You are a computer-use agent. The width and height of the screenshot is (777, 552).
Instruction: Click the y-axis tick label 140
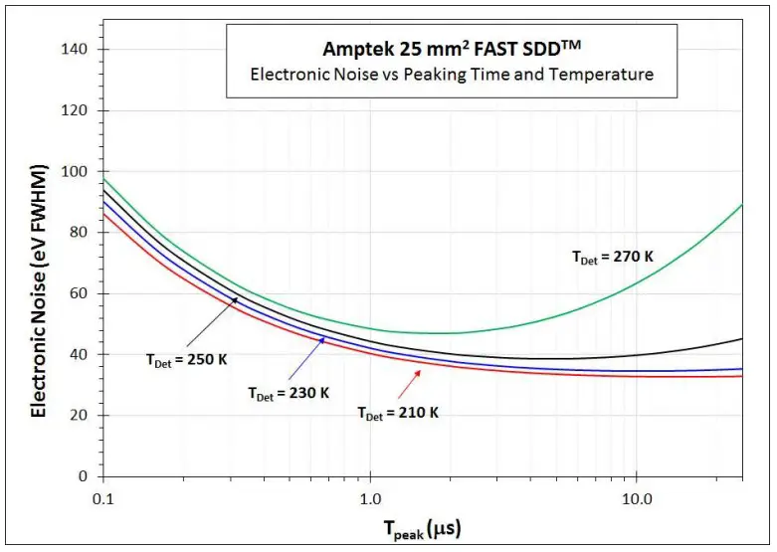tap(78, 49)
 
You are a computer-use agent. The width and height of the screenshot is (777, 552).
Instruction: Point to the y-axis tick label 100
tap(78, 171)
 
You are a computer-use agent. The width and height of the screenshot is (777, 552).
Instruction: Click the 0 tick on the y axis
tap(86, 476)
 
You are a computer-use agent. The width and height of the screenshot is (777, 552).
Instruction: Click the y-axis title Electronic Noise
tap(40, 264)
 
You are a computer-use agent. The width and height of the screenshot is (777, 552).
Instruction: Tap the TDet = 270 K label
tap(613, 257)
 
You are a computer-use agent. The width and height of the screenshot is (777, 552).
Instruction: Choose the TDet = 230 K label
tap(289, 392)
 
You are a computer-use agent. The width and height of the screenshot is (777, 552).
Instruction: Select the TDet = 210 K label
tap(398, 412)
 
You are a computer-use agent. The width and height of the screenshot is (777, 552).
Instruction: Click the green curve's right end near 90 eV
tap(741, 206)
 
